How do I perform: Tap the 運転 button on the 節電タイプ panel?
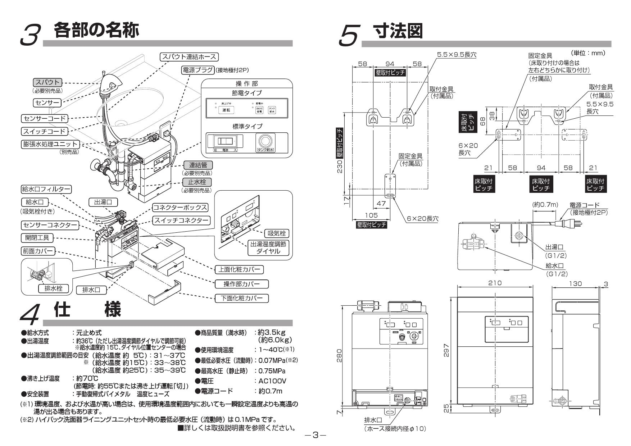click(x=226, y=110)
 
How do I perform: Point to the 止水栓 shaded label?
click(x=197, y=182)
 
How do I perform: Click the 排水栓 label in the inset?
click(x=51, y=288)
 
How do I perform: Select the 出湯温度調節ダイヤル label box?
click(x=268, y=247)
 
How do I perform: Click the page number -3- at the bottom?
click(x=315, y=435)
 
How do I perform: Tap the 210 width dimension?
click(x=495, y=283)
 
